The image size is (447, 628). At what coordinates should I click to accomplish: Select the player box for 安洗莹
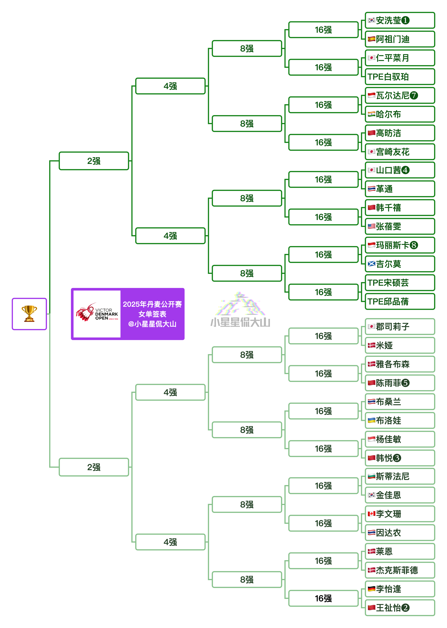pyautogui.click(x=400, y=20)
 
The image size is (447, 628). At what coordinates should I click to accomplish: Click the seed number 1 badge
pyautogui.click(x=405, y=20)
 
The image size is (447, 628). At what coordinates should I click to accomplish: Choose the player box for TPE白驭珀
pyautogui.click(x=400, y=77)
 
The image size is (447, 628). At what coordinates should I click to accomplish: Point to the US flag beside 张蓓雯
pyautogui.click(x=372, y=226)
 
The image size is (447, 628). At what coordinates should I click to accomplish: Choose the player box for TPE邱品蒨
pyautogui.click(x=400, y=301)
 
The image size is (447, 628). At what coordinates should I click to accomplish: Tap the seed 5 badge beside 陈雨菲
pyautogui.click(x=405, y=383)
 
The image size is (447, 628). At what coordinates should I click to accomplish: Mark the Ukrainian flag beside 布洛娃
pyautogui.click(x=372, y=420)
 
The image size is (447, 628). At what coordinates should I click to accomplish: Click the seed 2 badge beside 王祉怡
pyautogui.click(x=405, y=608)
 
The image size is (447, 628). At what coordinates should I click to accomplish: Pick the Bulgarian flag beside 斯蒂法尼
pyautogui.click(x=372, y=476)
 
